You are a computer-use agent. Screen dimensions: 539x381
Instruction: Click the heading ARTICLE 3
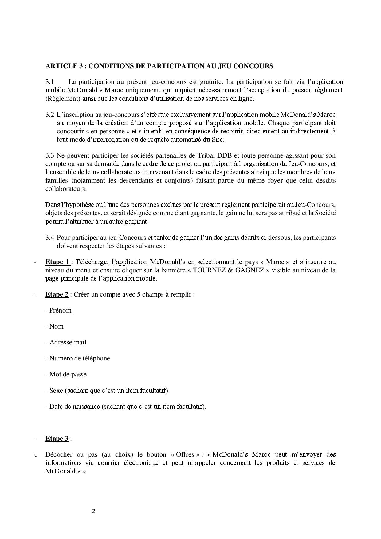[159, 66]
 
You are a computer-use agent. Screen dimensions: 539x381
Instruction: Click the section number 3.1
[50, 82]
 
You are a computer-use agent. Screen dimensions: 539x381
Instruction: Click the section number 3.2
[50, 115]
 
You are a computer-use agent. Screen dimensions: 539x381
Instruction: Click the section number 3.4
[50, 238]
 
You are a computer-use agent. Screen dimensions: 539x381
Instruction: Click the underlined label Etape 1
[58, 262]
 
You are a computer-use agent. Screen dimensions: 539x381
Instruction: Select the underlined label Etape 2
[57, 294]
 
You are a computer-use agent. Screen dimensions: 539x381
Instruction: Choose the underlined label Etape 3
[57, 439]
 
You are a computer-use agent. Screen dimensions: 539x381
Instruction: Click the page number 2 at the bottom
[94, 511]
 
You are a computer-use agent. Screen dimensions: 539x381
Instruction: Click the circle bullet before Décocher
[36, 455]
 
